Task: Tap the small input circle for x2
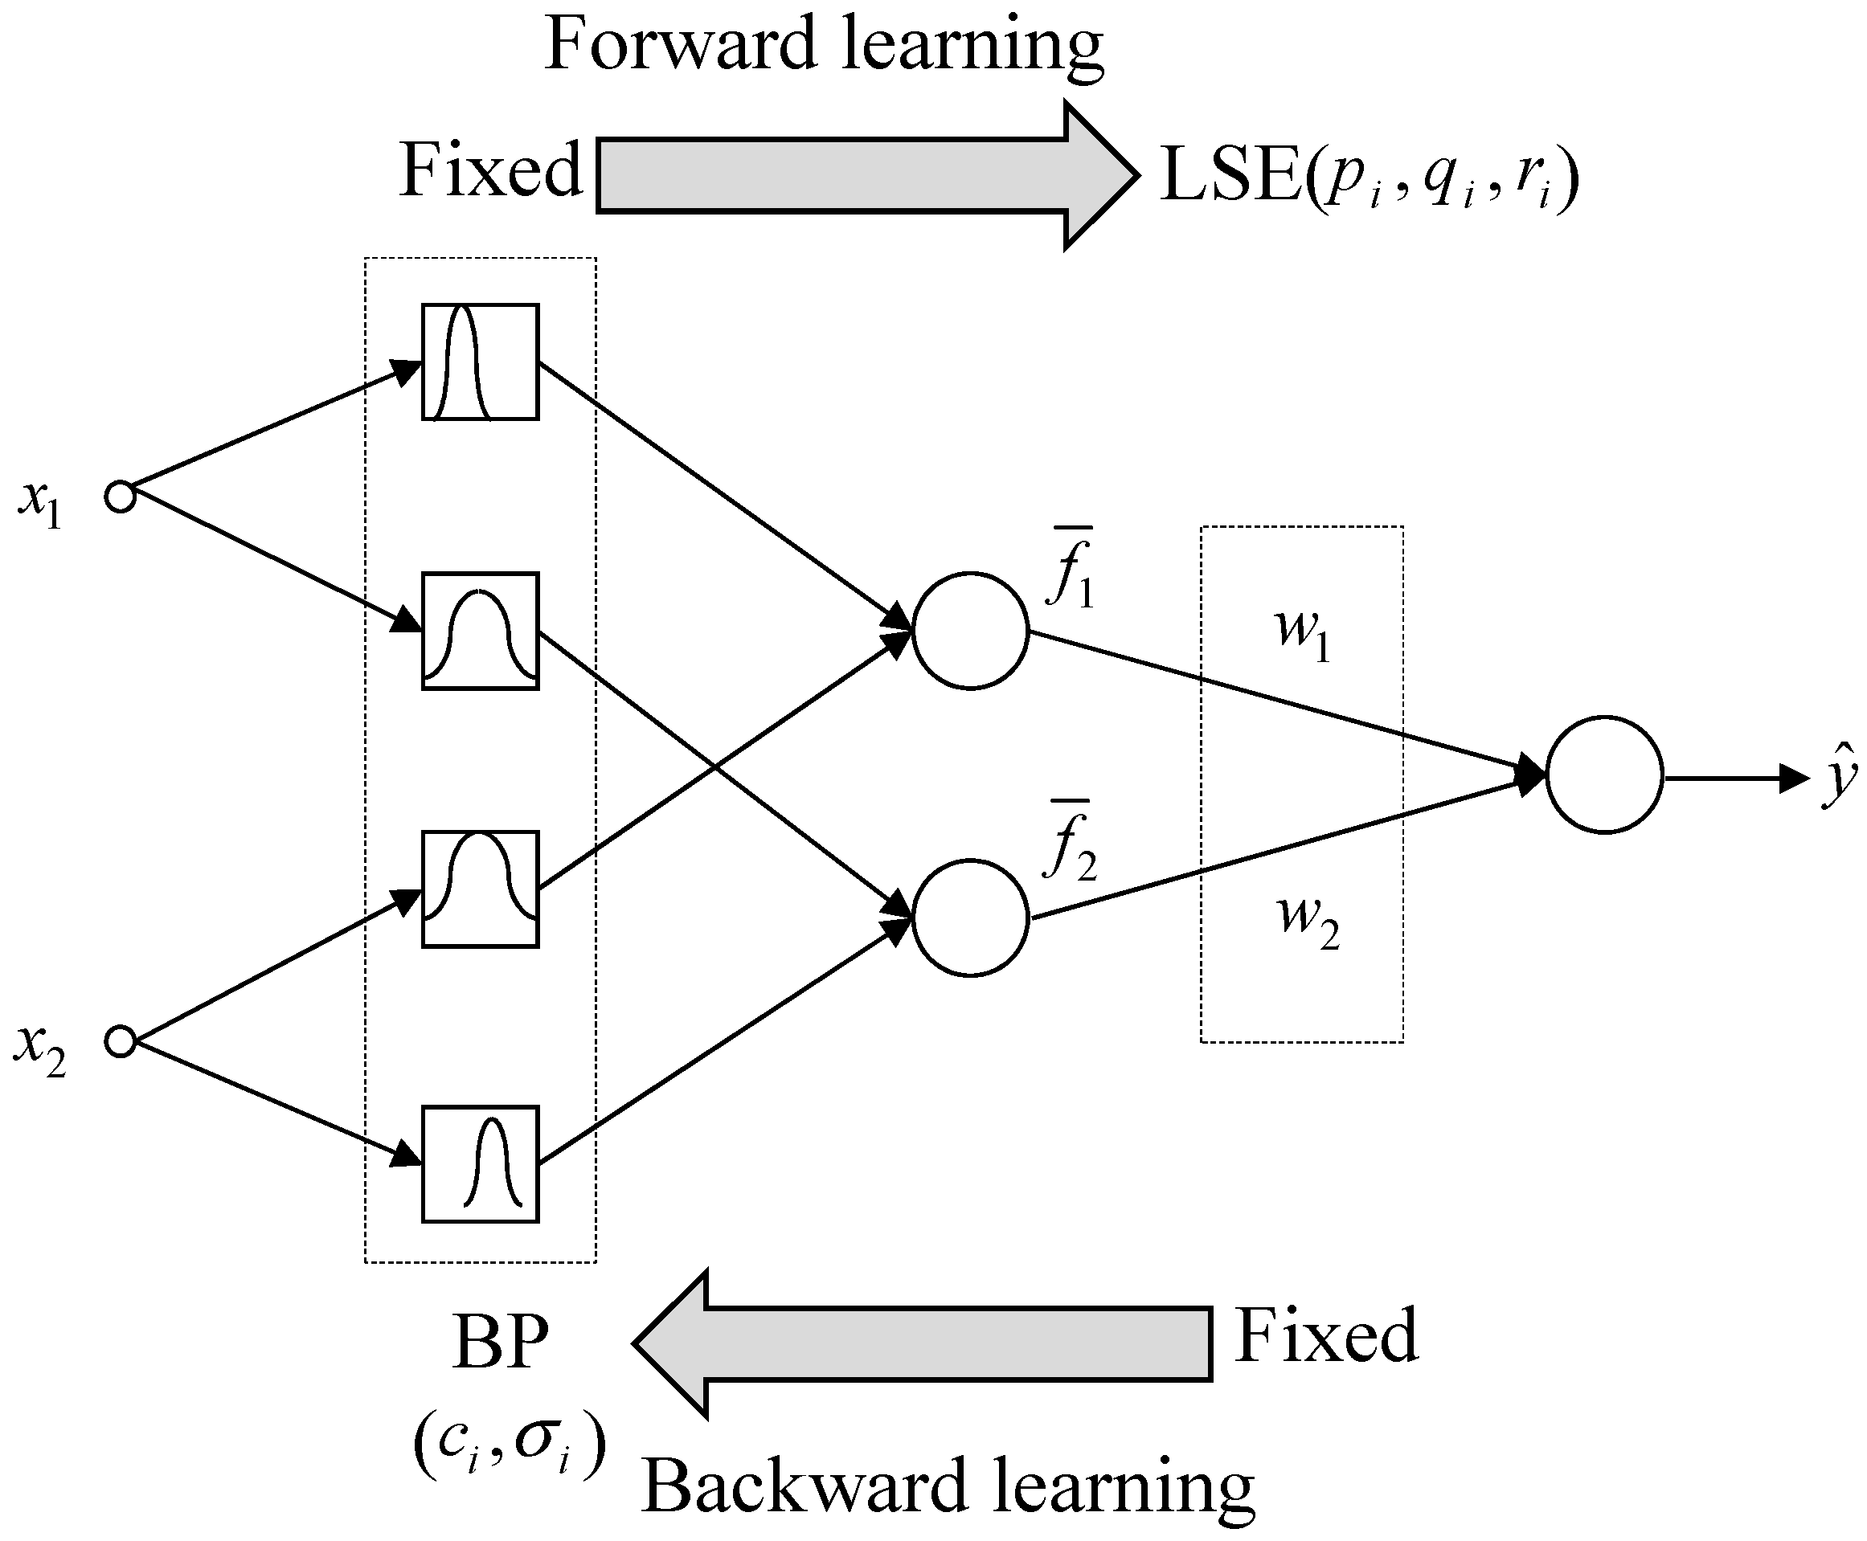120,1040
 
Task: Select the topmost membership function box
479,362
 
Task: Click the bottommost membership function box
479,1163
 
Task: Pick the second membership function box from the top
479,632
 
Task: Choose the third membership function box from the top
479,889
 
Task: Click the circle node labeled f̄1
970,630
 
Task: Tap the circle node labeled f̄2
970,918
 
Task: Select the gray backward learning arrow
932,1343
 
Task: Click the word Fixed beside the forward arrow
490,170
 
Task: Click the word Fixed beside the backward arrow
1326,1336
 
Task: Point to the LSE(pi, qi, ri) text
1368,178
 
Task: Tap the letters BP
501,1343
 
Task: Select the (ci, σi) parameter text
510,1445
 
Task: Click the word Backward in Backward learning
804,1488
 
